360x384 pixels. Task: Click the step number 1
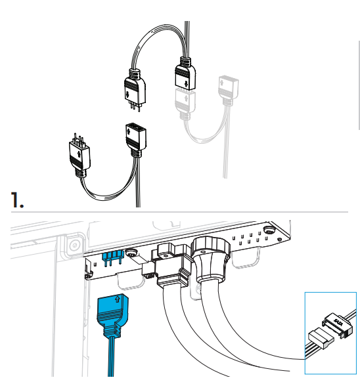17,200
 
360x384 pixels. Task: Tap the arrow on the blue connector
118,299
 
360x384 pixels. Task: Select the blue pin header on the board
112,258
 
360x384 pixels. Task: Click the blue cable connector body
113,316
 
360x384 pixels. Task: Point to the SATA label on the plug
338,322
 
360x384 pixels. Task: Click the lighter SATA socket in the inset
321,338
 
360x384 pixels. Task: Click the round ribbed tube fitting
211,259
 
